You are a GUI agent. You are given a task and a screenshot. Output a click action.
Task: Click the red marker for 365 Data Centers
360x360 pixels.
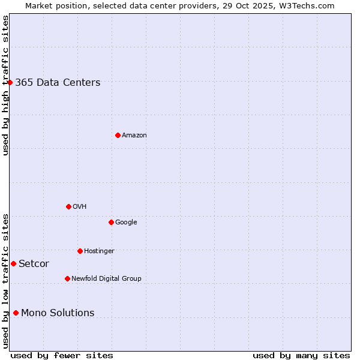(x=10, y=82)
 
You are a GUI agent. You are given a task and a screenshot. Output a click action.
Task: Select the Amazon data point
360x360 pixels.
(x=118, y=135)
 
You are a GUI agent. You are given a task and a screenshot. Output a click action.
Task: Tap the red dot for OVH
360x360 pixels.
(x=68, y=206)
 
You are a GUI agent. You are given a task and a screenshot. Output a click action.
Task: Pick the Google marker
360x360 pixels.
(x=111, y=222)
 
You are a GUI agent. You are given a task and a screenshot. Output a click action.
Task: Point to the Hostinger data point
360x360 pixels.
(x=80, y=251)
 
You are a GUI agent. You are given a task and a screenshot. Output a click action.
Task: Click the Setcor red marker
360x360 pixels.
(x=13, y=263)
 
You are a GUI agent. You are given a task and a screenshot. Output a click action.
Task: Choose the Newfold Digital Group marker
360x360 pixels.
(x=67, y=278)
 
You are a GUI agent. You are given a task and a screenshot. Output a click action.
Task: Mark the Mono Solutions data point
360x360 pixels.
(x=16, y=313)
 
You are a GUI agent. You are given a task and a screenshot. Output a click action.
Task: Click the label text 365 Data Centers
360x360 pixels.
(x=58, y=83)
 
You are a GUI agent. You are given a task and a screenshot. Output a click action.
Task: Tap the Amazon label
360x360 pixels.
(x=134, y=136)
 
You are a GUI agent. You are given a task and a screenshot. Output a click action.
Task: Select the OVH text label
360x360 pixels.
(x=80, y=207)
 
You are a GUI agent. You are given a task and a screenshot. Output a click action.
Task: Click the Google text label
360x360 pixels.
(x=126, y=223)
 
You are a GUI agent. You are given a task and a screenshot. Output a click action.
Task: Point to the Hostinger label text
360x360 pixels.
(x=99, y=251)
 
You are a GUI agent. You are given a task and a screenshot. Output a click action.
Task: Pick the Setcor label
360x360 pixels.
(x=34, y=264)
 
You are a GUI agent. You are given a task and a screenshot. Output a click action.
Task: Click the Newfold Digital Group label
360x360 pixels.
(x=106, y=279)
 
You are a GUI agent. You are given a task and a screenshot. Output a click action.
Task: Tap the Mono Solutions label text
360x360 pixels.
(x=58, y=313)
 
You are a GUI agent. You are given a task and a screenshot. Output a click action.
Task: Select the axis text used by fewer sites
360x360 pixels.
(x=62, y=356)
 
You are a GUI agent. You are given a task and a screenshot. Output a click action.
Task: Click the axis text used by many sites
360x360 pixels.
(x=301, y=356)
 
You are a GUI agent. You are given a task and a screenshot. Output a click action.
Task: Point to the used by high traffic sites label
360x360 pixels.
(x=6, y=85)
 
